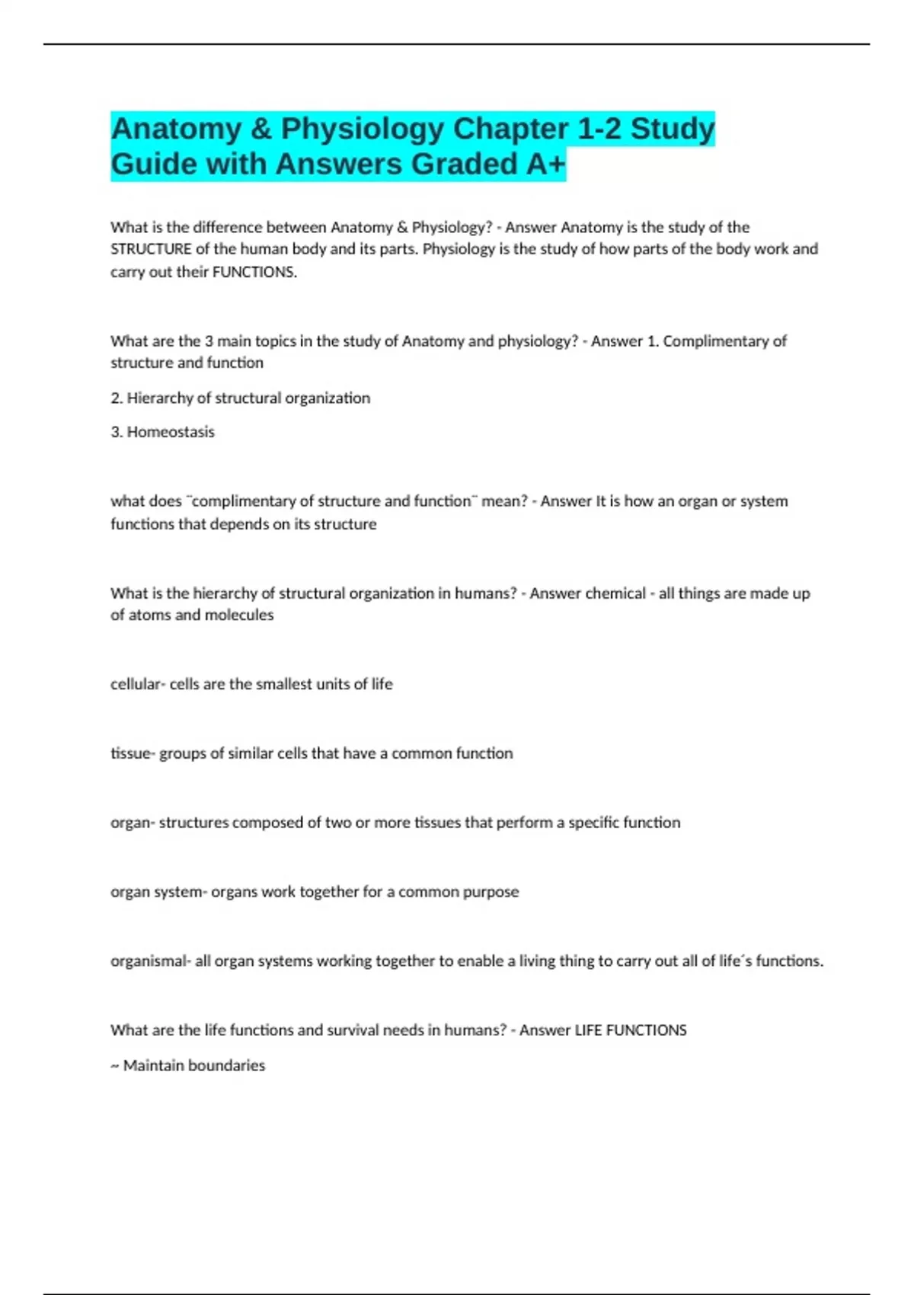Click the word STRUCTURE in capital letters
pos(151,249)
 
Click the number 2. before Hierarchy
pos(117,398)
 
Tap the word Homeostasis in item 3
pos(171,432)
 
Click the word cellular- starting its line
pos(138,684)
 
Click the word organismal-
pos(151,961)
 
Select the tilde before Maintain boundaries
pos(115,1066)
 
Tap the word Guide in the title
pos(151,165)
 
